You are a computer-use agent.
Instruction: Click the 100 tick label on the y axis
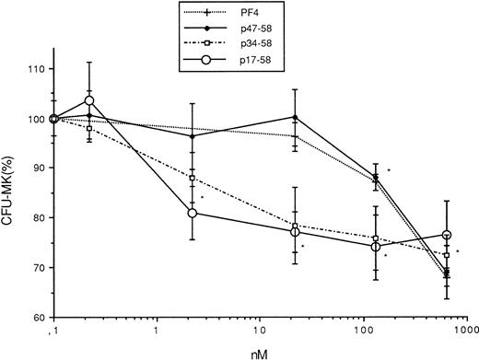(x=34, y=119)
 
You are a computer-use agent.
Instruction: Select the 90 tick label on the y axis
(x=37, y=168)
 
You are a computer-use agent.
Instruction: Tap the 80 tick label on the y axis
(x=37, y=218)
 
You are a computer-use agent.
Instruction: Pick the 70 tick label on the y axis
(x=37, y=268)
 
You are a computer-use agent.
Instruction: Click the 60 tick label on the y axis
(x=37, y=318)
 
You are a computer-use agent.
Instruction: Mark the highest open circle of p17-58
(x=89, y=100)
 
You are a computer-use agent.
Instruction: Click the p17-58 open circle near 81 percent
(x=192, y=213)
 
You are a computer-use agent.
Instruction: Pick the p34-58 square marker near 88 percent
(x=192, y=178)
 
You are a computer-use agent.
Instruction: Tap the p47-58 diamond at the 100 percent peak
(x=294, y=117)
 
